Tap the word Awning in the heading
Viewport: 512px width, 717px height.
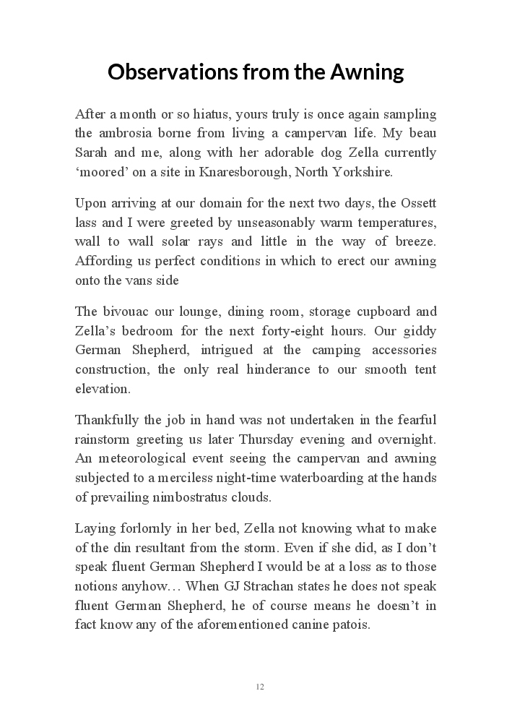pyautogui.click(x=367, y=72)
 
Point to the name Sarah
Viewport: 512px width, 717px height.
pyautogui.click(x=92, y=153)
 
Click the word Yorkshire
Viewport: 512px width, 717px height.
pyautogui.click(x=365, y=172)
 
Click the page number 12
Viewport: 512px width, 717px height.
pyautogui.click(x=260, y=687)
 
